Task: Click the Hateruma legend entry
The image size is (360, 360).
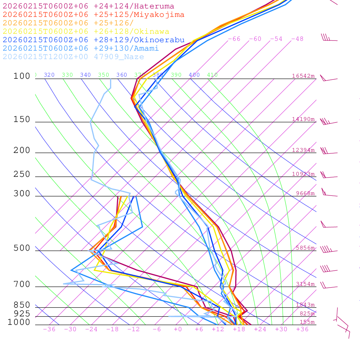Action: pos(88,6)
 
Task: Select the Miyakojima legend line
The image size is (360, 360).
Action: pos(94,15)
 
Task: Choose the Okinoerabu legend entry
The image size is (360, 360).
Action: pos(94,40)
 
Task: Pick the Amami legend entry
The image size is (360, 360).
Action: pos(81,49)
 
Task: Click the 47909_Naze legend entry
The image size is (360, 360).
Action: pos(73,57)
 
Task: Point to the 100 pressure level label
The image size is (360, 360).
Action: pos(22,76)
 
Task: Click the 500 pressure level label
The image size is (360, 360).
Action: pos(22,249)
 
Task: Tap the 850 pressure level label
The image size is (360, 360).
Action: pos(22,305)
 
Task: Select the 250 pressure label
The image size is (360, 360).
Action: pos(22,174)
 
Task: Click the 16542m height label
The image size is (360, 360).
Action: pos(303,76)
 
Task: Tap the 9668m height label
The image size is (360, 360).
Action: pos(305,193)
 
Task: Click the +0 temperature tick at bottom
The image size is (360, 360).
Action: pos(178,329)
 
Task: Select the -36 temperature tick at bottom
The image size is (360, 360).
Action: pos(49,329)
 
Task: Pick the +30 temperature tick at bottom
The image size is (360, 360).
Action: pos(281,329)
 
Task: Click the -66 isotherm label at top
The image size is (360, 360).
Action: pos(234,39)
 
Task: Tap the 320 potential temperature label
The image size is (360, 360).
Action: pos(49,75)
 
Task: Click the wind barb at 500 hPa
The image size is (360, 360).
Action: pos(328,250)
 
